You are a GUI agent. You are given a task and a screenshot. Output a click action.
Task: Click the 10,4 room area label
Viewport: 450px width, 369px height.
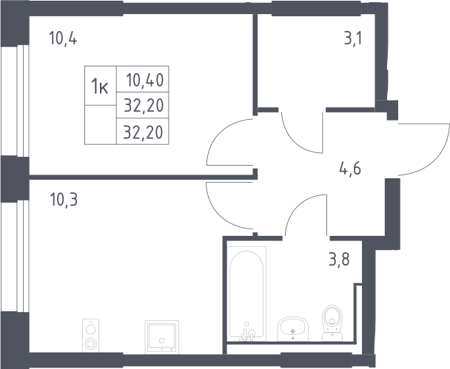pos(63,38)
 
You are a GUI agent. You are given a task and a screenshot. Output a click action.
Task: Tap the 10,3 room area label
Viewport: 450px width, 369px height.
pos(64,200)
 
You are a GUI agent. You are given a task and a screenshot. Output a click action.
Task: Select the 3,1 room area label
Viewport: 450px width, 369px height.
pos(353,38)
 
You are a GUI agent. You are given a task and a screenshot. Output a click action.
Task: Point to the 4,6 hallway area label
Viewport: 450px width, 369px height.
pos(350,169)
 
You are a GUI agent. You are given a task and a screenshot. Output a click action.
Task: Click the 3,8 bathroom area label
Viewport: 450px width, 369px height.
pos(339,260)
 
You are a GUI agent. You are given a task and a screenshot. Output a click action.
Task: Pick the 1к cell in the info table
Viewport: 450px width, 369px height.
pos(100,87)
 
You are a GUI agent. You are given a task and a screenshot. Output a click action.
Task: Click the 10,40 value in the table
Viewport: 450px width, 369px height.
pos(145,80)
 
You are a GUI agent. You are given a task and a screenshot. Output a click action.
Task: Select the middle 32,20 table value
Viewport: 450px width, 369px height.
pos(144,105)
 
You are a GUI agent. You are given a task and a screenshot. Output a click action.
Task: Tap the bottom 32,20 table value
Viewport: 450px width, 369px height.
pos(143,132)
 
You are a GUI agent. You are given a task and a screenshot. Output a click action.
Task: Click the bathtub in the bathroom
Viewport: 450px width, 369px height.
pos(246,294)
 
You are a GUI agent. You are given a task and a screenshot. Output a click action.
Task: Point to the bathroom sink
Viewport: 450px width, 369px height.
pos(293,329)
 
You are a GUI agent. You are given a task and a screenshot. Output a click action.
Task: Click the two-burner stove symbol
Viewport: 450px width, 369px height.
pos(91,336)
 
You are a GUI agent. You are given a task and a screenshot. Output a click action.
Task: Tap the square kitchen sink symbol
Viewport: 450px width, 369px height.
pos(162,337)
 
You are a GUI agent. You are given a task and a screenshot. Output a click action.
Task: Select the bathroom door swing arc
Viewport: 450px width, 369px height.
pos(295,205)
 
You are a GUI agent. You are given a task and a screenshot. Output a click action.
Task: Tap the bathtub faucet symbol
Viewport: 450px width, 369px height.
pos(247,332)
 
